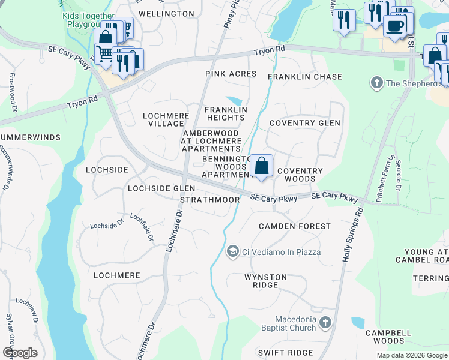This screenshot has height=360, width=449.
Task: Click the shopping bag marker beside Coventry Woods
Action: pos(262,166)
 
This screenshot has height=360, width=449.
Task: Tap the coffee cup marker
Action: pos(394,26)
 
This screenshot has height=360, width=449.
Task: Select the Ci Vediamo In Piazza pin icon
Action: pos(232,252)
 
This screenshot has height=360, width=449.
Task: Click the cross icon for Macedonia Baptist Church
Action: pos(325,323)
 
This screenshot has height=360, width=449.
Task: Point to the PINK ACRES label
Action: pos(231,74)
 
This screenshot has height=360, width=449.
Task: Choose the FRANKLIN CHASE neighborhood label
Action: pos(304,77)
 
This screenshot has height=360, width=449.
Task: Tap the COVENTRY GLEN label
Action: pos(304,123)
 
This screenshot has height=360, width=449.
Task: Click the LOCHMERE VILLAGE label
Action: pos(165,119)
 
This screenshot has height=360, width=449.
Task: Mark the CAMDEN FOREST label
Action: pos(294,226)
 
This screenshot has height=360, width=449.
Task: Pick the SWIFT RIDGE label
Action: pos(285,353)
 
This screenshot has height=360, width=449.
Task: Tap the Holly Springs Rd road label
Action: pos(352,235)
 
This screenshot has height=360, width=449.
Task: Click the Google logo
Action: pos(20,353)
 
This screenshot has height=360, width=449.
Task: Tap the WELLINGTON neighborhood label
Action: pos(166,13)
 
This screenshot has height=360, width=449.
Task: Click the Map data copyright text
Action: pos(411,355)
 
